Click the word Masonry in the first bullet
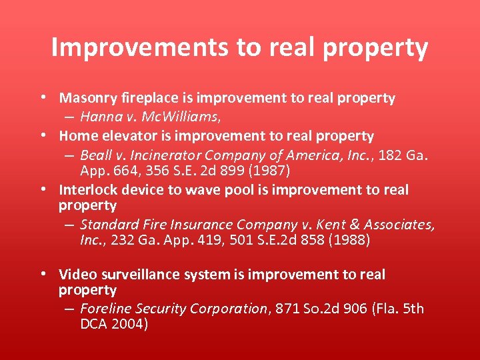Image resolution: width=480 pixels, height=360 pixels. pos(85,99)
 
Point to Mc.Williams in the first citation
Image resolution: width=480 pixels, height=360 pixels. pos(178,117)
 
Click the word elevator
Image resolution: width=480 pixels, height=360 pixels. pos(125,136)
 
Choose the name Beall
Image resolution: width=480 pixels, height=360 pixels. pos(95,155)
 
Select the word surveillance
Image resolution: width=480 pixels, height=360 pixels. pos(141,275)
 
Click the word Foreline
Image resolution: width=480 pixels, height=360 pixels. pos(105,309)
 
